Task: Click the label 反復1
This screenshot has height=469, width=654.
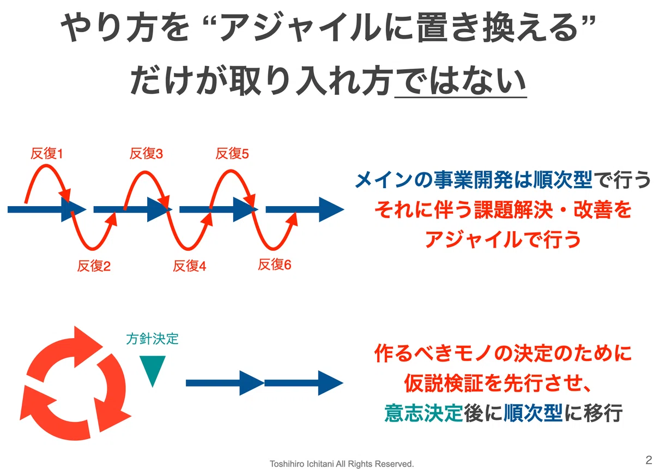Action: (47, 154)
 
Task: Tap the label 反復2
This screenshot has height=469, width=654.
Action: (94, 266)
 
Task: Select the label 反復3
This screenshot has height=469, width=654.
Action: (146, 154)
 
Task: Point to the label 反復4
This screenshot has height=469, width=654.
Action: (190, 266)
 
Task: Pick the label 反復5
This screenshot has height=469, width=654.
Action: (232, 154)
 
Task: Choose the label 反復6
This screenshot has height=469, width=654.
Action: (275, 264)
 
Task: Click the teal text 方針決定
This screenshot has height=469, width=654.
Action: (152, 339)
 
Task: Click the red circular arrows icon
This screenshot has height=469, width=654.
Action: (75, 383)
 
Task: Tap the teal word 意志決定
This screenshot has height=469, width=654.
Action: (423, 413)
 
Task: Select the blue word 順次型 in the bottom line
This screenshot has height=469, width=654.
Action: (533, 413)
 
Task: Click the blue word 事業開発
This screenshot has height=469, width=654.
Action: (473, 179)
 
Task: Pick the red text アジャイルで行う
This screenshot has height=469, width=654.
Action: (502, 239)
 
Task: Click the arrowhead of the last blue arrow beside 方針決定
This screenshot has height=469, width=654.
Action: (330, 383)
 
